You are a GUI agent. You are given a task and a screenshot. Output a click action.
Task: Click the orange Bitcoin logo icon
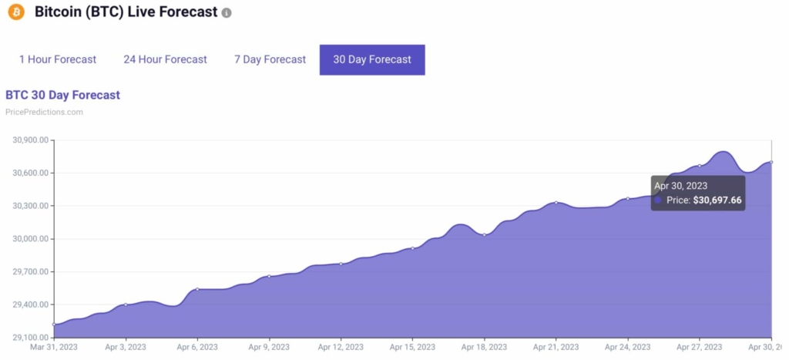pos(16,13)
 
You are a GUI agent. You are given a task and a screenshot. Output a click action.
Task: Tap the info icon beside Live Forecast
pos(227,14)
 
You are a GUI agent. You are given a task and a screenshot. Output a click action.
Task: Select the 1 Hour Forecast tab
pos(58,59)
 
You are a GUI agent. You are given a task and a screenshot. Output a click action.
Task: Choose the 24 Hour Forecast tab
pos(165,59)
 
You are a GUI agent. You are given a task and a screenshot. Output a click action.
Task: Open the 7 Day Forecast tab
pos(270,59)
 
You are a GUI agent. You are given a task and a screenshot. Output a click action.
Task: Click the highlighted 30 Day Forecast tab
pos(372,59)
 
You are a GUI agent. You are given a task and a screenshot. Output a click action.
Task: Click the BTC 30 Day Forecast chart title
pos(62,95)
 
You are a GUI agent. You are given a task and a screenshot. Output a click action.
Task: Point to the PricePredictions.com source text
pos(44,112)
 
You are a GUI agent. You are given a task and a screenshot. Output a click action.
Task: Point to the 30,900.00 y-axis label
pos(30,140)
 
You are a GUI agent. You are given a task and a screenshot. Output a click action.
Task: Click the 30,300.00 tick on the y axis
pos(30,206)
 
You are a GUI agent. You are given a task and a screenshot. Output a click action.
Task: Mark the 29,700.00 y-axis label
pos(30,272)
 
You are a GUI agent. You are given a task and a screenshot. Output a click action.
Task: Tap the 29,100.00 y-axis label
pos(30,338)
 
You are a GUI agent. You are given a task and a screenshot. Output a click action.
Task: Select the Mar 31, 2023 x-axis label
pos(54,348)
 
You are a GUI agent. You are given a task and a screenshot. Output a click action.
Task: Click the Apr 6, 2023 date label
pos(197,348)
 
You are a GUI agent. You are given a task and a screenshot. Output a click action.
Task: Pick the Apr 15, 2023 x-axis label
pos(412,348)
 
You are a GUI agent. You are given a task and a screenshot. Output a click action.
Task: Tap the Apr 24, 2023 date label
pos(627,348)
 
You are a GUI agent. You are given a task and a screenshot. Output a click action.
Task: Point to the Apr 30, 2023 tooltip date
pos(680,186)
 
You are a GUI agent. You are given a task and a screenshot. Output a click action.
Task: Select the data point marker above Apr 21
pos(556,203)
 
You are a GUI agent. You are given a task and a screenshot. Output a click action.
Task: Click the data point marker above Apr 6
pos(197,289)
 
